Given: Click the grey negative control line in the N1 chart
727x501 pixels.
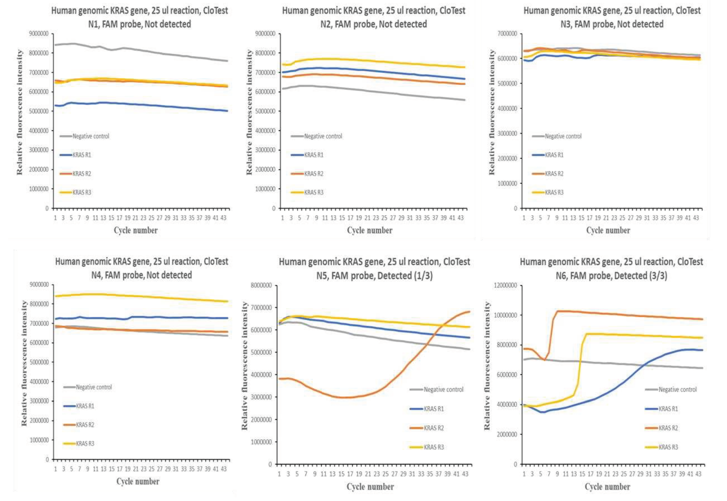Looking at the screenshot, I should click(x=141, y=50).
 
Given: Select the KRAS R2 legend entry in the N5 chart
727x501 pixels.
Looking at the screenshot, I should click(x=434, y=428).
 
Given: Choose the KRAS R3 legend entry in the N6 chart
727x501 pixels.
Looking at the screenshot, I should click(x=668, y=447).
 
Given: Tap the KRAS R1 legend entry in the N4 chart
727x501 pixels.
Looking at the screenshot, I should click(x=85, y=406).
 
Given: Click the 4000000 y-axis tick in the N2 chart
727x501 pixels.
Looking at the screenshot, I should click(x=265, y=131).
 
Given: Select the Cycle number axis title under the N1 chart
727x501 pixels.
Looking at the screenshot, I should click(x=136, y=230).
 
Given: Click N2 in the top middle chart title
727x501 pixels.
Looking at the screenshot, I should click(x=326, y=24).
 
